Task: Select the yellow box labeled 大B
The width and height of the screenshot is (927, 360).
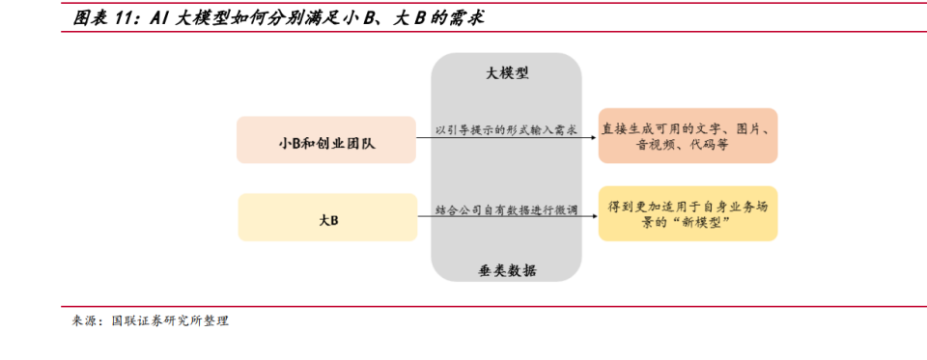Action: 326,217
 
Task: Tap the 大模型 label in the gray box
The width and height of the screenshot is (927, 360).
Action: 506,73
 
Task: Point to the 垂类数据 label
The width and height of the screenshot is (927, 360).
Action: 506,270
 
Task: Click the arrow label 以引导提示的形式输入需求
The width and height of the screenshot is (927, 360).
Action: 506,128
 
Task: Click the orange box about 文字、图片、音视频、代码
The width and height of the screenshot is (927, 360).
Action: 688,135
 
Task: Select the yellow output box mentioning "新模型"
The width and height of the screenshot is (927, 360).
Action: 688,213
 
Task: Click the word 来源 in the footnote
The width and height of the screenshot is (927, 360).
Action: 84,321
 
